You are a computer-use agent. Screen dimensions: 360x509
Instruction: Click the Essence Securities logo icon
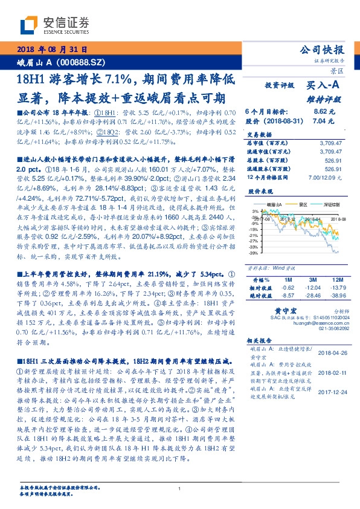tap(29, 25)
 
